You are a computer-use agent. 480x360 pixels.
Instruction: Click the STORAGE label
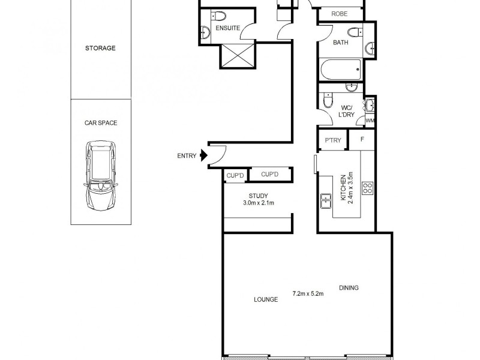100,48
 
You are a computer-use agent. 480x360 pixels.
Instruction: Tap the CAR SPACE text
100,122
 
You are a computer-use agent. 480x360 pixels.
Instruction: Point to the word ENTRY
187,156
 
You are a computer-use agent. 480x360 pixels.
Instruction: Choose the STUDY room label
258,196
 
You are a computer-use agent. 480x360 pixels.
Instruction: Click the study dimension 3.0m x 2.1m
258,203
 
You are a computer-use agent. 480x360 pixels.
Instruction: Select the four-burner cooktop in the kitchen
367,188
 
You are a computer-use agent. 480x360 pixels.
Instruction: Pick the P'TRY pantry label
332,140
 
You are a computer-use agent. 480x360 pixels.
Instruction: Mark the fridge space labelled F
362,140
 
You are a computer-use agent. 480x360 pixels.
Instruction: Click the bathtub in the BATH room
341,70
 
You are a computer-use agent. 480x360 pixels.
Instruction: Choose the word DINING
349,288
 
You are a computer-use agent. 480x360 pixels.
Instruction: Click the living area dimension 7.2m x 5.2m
308,293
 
